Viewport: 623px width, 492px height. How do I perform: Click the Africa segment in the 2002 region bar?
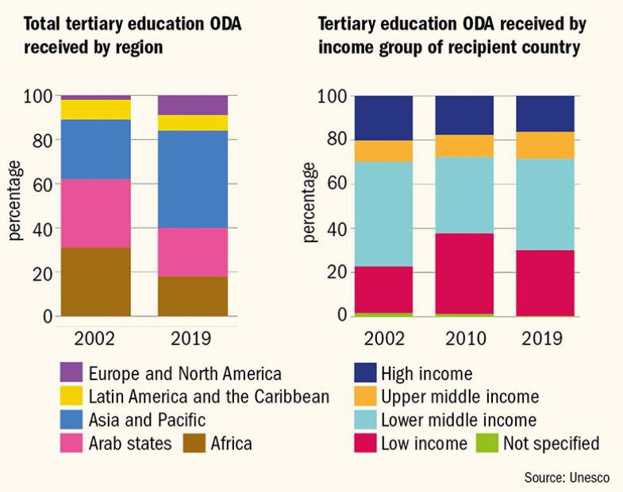pos(96,282)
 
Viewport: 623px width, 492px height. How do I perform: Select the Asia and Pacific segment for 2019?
pos(193,179)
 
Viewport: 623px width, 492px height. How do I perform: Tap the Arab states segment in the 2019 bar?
pos(193,252)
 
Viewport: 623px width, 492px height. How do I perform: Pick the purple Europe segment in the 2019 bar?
pos(193,105)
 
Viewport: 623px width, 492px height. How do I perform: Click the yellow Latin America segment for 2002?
pos(96,110)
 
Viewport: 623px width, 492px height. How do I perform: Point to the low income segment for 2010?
pos(464,273)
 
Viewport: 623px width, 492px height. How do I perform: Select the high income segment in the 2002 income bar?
pos(383,117)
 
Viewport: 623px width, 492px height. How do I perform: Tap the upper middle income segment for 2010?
pos(464,145)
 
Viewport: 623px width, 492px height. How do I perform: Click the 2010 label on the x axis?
pos(464,337)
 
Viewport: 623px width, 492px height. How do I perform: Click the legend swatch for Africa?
pos(195,443)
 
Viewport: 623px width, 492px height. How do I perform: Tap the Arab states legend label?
pos(130,443)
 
